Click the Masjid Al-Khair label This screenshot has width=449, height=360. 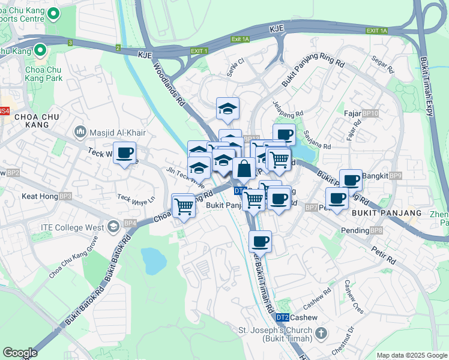[x=113, y=131]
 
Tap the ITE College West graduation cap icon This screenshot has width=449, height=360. [x=113, y=227]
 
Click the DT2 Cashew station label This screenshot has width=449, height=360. [x=297, y=317]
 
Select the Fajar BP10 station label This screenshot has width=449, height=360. [x=361, y=113]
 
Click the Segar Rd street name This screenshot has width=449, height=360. [x=382, y=65]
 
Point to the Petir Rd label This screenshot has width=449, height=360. [x=382, y=255]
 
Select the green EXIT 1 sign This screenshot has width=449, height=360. [x=197, y=51]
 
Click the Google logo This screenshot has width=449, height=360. [x=20, y=353]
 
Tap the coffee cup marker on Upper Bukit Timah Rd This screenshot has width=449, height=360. [x=260, y=242]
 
